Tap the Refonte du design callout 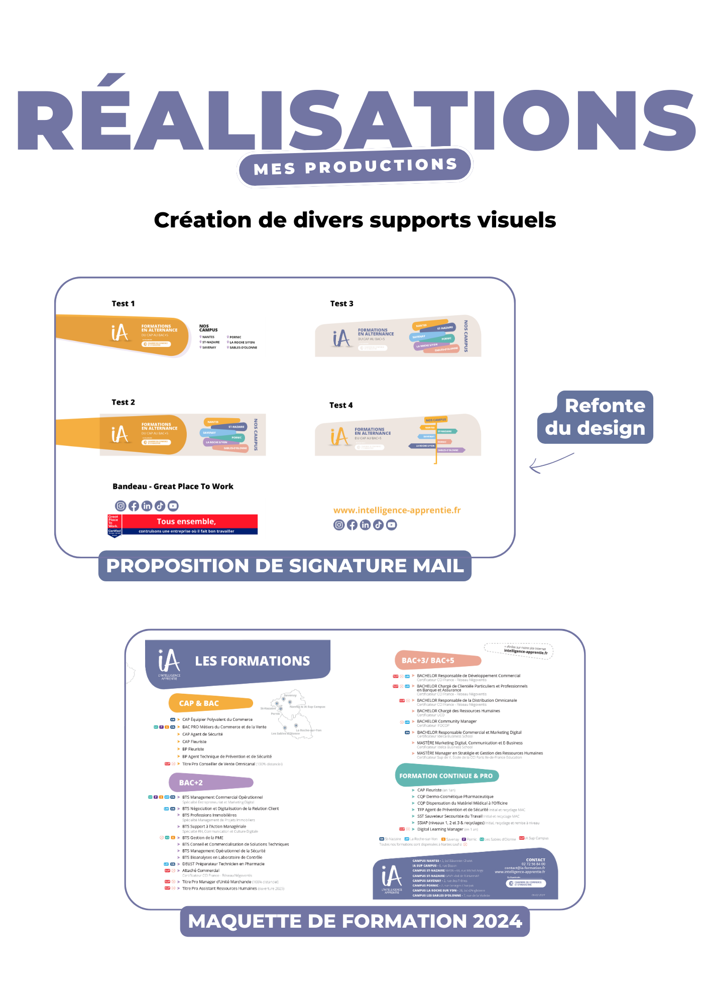pos(596,417)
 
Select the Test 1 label pos(123,304)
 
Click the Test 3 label pos(341,304)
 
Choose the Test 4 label pos(341,405)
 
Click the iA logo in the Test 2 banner pos(120,434)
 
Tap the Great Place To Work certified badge pos(114,525)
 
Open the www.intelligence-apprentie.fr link pos(397,511)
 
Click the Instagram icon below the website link pos(339,525)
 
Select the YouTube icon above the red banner pos(173,506)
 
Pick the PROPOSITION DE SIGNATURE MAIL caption pos(285,566)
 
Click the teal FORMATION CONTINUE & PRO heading pos(446,776)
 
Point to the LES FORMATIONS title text pos(252,661)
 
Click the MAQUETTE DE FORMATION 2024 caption pos(355,921)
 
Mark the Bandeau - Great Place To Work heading pos(173,486)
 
